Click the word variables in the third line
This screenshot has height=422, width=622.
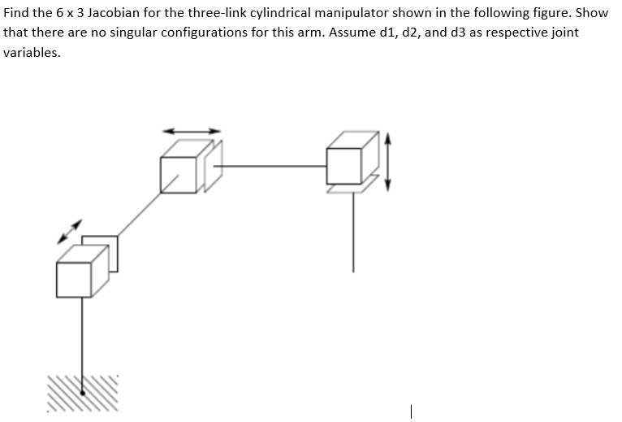tap(31, 52)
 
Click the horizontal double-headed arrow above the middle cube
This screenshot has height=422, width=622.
tap(192, 129)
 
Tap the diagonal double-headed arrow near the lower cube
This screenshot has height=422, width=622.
tap(70, 231)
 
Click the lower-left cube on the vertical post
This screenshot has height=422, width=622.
tap(82, 272)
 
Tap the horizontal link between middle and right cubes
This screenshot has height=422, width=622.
tap(273, 166)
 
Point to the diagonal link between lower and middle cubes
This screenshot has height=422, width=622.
tap(140, 212)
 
